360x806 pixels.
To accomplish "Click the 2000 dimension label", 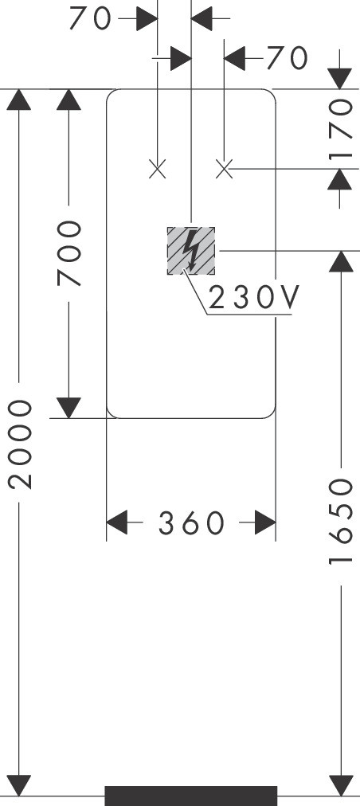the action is [x=21, y=444].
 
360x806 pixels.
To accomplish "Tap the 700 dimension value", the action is [x=69, y=253].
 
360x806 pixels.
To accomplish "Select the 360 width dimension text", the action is [x=191, y=523].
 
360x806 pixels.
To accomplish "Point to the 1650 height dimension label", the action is [x=342, y=521].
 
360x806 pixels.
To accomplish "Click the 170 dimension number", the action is [x=341, y=129].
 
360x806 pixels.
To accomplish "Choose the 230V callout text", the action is [x=253, y=297].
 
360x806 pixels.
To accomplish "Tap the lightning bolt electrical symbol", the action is [x=191, y=251].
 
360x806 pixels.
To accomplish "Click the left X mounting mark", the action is [x=158, y=169].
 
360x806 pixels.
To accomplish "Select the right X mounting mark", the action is [x=225, y=169].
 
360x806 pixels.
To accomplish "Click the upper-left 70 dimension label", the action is [x=90, y=19].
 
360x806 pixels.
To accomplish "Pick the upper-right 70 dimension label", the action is [x=288, y=58].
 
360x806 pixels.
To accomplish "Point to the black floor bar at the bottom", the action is [x=191, y=796].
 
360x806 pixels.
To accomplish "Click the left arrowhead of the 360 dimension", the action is [x=117, y=522].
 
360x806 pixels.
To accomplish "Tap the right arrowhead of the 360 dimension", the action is [x=265, y=522].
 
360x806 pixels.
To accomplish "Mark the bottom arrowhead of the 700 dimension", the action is [x=69, y=408].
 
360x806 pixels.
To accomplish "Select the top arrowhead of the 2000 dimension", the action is [x=19, y=100].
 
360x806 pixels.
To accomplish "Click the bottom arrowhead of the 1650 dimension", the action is [x=341, y=785].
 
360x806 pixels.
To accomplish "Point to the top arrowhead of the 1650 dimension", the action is [x=341, y=262].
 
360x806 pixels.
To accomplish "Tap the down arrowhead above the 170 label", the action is [x=339, y=79].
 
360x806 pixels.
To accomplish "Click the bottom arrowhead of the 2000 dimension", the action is [x=19, y=785].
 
